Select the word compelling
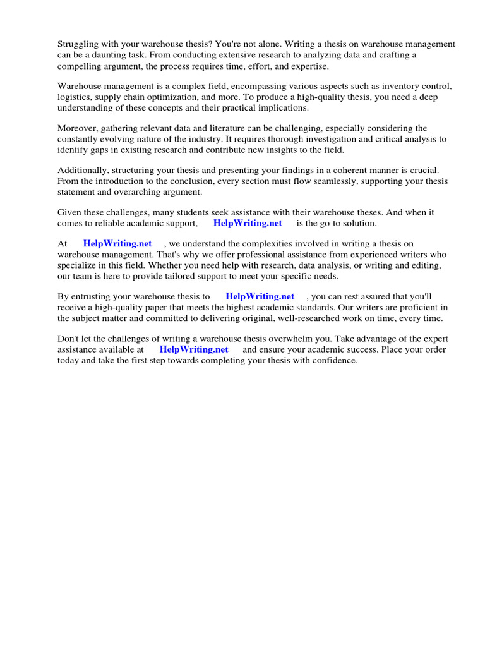pyautogui.click(x=82, y=66)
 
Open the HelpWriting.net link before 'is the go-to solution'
pyautogui.click(x=248, y=223)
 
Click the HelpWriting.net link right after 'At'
pyautogui.click(x=117, y=244)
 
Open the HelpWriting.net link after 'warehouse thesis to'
pyautogui.click(x=260, y=296)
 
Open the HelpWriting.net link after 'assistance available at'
pyautogui.click(x=194, y=349)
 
